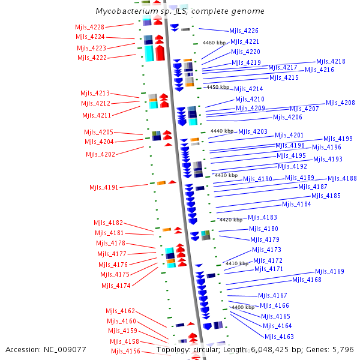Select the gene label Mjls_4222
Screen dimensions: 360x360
(x=92, y=58)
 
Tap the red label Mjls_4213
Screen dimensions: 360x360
(x=95, y=93)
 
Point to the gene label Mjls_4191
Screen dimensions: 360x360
(x=104, y=187)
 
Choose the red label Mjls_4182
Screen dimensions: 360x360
(x=109, y=223)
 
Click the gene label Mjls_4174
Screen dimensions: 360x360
(x=116, y=286)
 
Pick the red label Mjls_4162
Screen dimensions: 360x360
(x=121, y=311)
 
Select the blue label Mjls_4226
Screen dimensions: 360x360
(x=244, y=31)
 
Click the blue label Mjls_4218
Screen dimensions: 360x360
(x=331, y=61)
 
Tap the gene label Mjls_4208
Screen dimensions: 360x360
(x=340, y=103)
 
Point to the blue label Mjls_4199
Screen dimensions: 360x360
(x=338, y=139)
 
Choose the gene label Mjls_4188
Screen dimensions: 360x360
(x=342, y=178)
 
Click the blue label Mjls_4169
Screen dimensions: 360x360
(x=329, y=271)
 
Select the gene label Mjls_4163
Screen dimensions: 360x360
(x=279, y=337)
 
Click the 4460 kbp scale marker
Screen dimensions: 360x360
(x=215, y=43)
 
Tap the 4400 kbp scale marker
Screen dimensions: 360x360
(x=242, y=307)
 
